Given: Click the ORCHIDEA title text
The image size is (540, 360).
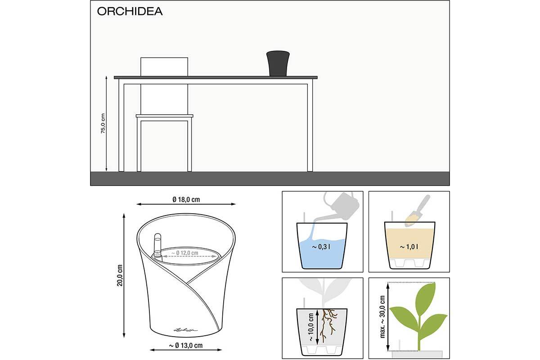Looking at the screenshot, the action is click(x=130, y=11).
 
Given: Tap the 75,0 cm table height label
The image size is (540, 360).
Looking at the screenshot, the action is click(x=103, y=123).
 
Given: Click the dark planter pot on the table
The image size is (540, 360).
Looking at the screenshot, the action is click(x=278, y=63).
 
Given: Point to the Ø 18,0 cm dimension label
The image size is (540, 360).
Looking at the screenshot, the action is click(x=186, y=199).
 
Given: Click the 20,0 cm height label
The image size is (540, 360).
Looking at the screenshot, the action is click(x=120, y=275).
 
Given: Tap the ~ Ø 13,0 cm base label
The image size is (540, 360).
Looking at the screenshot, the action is click(x=185, y=346).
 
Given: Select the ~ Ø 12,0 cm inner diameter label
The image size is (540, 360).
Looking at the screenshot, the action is click(x=184, y=253).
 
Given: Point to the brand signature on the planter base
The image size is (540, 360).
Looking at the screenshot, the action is click(x=185, y=329).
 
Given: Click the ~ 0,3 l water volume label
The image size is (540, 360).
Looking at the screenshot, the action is click(x=321, y=247).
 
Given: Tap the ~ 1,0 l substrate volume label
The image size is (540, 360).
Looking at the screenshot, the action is click(x=409, y=247).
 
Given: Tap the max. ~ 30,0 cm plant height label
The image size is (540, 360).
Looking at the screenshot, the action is click(x=382, y=317).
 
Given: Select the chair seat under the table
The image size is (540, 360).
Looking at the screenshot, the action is click(x=165, y=116).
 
